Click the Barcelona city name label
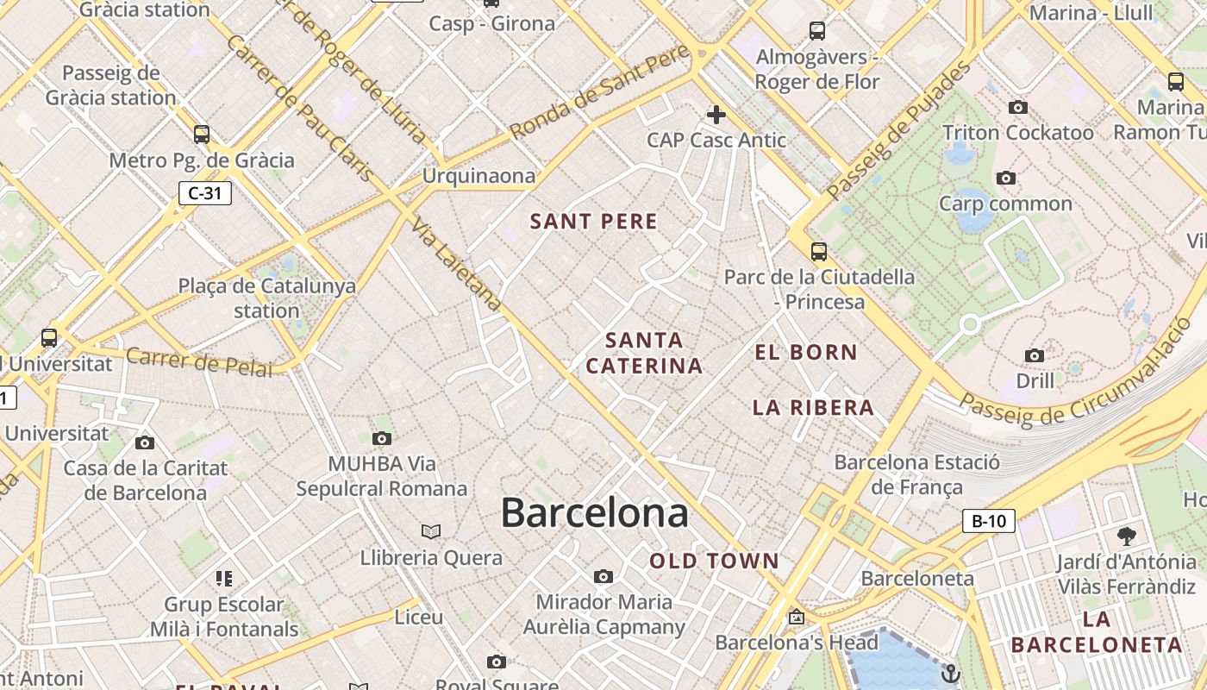[x=594, y=513]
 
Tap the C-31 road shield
[x=205, y=193]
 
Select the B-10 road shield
[x=989, y=521]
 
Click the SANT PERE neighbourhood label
[x=594, y=222]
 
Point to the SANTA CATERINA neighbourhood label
[x=644, y=353]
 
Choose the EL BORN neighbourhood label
[x=806, y=352]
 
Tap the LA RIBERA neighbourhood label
[x=813, y=407]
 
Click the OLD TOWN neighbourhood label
[x=714, y=561]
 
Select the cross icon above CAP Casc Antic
[x=716, y=114]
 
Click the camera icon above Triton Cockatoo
[x=1018, y=108]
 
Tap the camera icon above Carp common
[x=1005, y=179]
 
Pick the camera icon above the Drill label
[x=1035, y=355]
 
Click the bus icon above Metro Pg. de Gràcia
[x=202, y=135]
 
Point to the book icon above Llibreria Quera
[x=431, y=531]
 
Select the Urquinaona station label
[x=478, y=176]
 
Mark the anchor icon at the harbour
[x=951, y=673]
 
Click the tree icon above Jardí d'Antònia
[x=1126, y=536]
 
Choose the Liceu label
[x=419, y=618]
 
